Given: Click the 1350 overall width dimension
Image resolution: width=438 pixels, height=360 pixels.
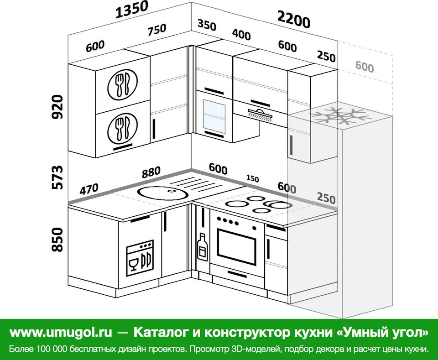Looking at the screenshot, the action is tap(131, 10).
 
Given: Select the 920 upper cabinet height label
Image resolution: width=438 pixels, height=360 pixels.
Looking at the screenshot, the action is tap(58, 107).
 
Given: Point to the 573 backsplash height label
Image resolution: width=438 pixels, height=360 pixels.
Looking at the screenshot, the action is tap(58, 177).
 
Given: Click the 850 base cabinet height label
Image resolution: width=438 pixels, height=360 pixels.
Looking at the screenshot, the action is tap(58, 240).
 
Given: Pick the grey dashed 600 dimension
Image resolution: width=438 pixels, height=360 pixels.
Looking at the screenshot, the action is tap(365, 67).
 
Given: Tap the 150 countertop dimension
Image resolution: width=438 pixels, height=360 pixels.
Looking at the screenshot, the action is tap(252, 178).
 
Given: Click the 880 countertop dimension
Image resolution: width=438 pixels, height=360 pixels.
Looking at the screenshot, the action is tap(151, 172).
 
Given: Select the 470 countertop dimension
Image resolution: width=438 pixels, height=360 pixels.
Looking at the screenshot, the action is tap(89, 189).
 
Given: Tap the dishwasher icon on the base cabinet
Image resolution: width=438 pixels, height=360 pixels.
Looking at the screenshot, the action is tap(140, 258).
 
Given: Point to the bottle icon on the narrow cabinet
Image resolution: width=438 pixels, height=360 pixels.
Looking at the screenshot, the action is tap(202, 247).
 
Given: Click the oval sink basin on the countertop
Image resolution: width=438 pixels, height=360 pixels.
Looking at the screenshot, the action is tap(162, 193).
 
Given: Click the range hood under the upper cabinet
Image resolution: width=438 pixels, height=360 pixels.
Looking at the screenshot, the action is tap(260, 115).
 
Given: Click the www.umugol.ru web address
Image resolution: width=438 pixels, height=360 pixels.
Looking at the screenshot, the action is tap(61, 332).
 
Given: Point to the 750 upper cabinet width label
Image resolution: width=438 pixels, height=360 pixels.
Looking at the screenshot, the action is tap(157, 29).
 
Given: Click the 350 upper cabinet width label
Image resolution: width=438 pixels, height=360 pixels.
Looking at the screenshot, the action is tap(207, 25).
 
